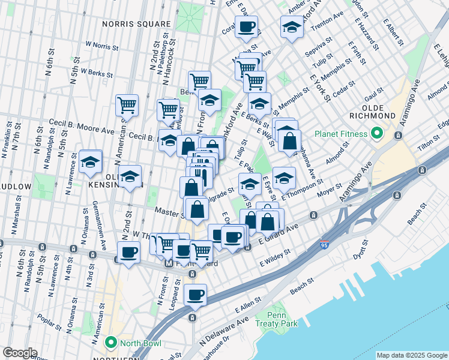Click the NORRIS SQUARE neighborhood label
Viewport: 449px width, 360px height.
pos(136,24)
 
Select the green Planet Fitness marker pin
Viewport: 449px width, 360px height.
pos(376,133)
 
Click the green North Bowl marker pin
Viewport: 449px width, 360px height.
pos(110,343)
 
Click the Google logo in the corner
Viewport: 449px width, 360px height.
pos(20,353)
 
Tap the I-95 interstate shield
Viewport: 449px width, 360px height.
pos(325,241)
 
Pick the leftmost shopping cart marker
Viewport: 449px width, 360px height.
pos(127,105)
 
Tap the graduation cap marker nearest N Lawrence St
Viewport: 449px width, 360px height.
pos(91,162)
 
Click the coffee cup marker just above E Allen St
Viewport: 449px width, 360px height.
pos(195,295)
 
